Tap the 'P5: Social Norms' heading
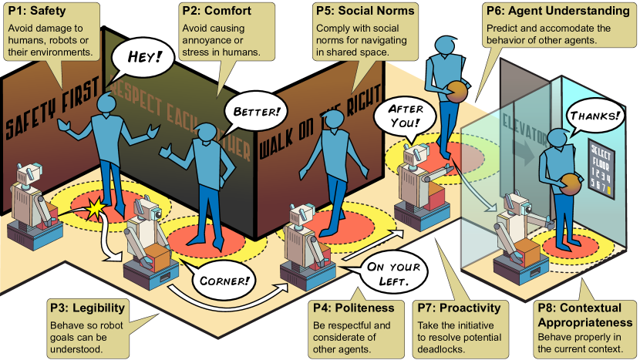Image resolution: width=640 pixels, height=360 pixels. point(365,11)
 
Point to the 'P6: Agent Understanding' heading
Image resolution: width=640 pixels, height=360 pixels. point(554,11)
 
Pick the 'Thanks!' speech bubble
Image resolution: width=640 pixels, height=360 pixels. point(595,116)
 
